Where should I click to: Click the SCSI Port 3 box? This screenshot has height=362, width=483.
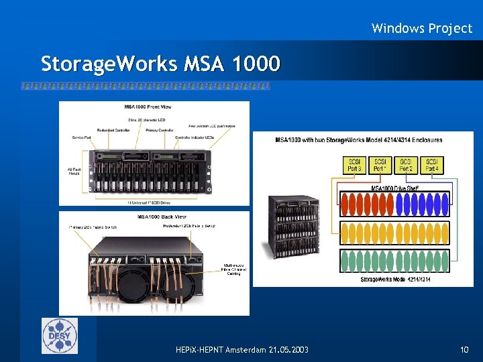pos(354,165)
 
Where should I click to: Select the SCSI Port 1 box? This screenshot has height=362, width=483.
pos(380,165)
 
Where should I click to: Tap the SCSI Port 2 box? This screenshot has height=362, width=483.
pos(407,165)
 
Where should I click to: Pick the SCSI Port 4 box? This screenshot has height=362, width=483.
pos(432,165)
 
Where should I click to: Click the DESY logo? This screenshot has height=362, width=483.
pos(60,336)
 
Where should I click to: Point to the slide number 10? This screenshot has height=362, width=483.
pos(464,350)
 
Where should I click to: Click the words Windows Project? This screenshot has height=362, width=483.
pos(422,28)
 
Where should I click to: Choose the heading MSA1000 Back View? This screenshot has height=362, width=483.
pos(154,217)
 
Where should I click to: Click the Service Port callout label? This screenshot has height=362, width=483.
pos(82,137)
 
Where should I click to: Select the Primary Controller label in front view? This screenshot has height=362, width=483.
pos(160,130)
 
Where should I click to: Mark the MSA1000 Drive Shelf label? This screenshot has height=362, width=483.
pos(395,188)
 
